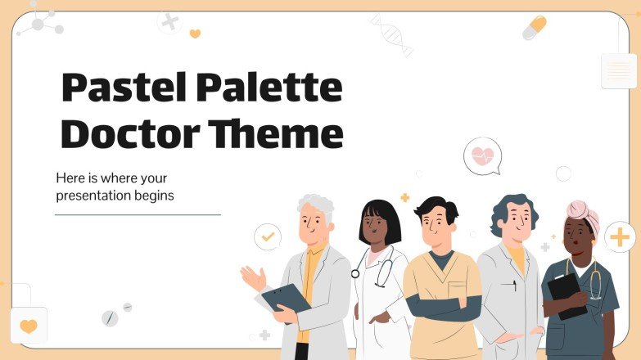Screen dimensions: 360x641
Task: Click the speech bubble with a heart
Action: point(481,155)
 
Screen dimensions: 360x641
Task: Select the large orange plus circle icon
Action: point(620,237)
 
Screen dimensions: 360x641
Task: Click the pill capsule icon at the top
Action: point(534,27)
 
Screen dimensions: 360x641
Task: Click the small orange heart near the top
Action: point(195,34)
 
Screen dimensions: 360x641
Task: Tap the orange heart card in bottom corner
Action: point(29,326)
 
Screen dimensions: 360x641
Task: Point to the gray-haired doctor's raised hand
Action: point(253,278)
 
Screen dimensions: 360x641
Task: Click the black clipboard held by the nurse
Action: point(564,293)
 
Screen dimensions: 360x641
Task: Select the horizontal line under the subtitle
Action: point(138,214)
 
